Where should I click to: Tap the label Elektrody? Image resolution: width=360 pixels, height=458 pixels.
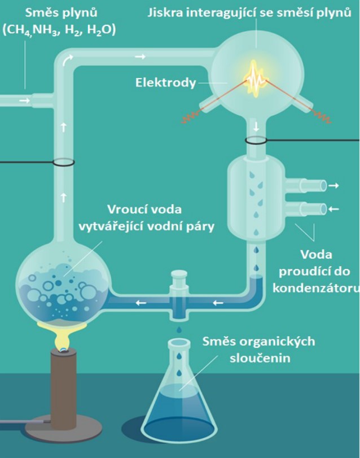tap(165, 82)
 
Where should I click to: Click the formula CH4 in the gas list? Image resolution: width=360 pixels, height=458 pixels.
tap(19, 30)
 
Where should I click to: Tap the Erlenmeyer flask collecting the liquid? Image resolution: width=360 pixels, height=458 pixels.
tap(180, 390)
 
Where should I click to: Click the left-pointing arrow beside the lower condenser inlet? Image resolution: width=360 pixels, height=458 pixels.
tap(334, 209)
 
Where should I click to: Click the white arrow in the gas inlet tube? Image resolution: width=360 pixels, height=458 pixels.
tap(23, 100)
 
